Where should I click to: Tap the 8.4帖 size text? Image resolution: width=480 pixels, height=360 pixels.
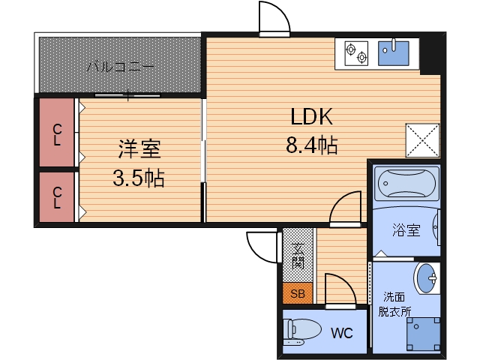311,144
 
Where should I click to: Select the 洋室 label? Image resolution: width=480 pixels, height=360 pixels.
139,149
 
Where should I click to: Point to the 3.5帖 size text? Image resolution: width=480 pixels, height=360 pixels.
139,178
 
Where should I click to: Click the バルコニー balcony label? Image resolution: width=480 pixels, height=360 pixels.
121,67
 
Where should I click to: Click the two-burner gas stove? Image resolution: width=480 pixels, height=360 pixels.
356,53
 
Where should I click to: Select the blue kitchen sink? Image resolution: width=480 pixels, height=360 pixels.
393,52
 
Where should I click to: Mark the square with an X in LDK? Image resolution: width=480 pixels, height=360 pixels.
422,140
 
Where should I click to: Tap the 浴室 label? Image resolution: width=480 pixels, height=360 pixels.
405,230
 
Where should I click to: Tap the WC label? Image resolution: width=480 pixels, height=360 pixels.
341,332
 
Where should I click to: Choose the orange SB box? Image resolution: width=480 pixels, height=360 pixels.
298,293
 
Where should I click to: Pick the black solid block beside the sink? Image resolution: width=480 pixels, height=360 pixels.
430,54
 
